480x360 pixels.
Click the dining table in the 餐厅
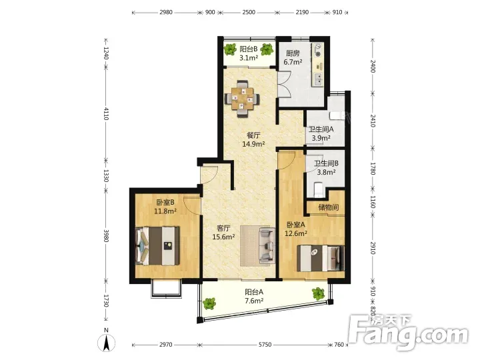click(x=242, y=98)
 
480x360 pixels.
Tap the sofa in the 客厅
click(x=266, y=245)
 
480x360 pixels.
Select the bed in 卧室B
click(x=157, y=246)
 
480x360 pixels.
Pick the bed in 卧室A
click(x=321, y=258)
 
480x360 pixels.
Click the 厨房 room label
click(x=293, y=53)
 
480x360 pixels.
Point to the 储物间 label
click(x=329, y=207)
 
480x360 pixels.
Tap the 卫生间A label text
click(x=321, y=129)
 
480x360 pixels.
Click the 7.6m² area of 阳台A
click(x=254, y=301)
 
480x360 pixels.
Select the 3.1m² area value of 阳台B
click(x=249, y=57)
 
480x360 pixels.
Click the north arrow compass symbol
click(x=106, y=341)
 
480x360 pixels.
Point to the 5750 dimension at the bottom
click(x=265, y=345)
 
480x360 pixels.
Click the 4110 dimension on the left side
click(x=106, y=113)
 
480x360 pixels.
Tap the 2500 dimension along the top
click(x=249, y=12)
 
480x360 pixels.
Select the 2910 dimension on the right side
click(x=373, y=248)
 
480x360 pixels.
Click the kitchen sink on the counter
click(x=319, y=79)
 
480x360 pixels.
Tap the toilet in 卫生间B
click(x=319, y=189)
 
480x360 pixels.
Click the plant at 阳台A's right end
click(x=319, y=293)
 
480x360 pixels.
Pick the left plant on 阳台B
click(x=229, y=49)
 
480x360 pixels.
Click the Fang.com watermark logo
click(x=409, y=331)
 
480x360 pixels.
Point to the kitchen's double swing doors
click(x=285, y=84)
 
